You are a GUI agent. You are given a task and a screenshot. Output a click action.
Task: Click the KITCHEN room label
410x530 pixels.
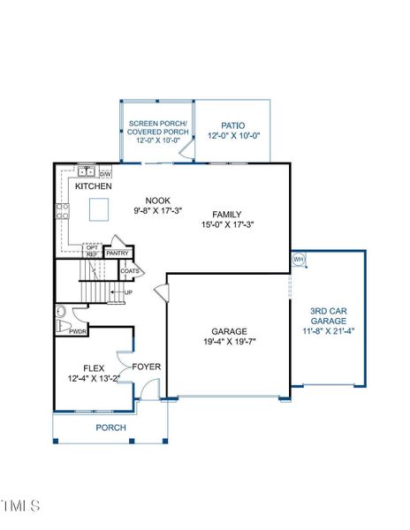pyautogui.click(x=93, y=187)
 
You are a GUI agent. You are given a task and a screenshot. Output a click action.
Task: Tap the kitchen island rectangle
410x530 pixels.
pyautogui.click(x=100, y=208)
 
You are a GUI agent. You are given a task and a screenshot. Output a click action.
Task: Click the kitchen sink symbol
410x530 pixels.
pyautogui.click(x=86, y=172)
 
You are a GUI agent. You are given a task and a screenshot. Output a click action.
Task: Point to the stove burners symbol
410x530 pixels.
pyautogui.click(x=63, y=210)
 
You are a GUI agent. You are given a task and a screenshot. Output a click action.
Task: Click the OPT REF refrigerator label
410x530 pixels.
pyautogui.click(x=91, y=251)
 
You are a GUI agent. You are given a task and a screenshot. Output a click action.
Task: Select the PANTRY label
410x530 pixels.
pyautogui.click(x=118, y=254)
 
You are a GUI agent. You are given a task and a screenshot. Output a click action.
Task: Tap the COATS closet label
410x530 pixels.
pyautogui.click(x=130, y=271)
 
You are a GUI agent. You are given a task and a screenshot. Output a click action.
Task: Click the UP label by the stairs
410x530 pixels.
pyautogui.click(x=128, y=292)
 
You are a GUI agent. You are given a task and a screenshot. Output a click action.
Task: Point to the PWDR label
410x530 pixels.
pyautogui.click(x=78, y=332)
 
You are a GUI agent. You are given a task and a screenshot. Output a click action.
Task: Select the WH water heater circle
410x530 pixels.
pyautogui.click(x=298, y=260)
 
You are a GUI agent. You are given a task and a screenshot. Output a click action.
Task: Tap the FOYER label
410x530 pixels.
pyautogui.click(x=146, y=367)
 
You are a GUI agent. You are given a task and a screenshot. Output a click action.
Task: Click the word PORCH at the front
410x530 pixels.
pyautogui.click(x=110, y=428)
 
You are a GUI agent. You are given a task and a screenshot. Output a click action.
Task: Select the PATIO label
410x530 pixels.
pyautogui.click(x=233, y=126)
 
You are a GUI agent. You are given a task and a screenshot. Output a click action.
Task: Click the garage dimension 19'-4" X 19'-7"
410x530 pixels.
pyautogui.click(x=227, y=343)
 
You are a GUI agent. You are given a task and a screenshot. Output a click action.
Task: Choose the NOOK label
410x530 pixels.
pyautogui.click(x=157, y=201)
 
